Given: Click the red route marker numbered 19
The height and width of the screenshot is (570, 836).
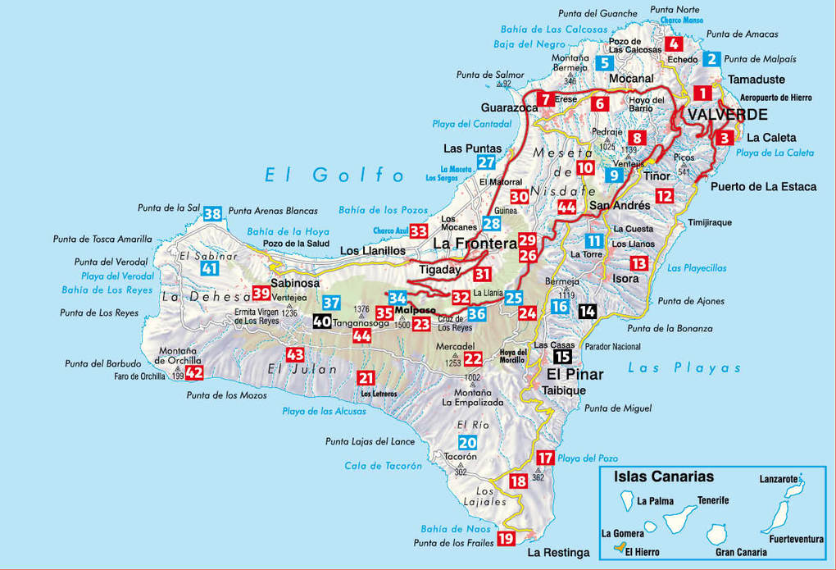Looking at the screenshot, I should [x=506, y=538].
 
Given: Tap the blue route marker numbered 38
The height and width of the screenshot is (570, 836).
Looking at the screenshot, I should [x=212, y=214].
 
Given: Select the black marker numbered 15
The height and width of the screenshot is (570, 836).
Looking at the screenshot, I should [x=562, y=357].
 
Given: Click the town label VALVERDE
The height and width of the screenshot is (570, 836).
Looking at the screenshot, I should [x=728, y=115].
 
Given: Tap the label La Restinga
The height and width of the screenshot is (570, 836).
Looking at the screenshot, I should [x=560, y=553].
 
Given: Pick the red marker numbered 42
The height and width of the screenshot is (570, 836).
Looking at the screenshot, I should [x=194, y=372].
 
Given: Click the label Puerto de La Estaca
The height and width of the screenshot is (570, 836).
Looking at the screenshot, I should [x=763, y=186].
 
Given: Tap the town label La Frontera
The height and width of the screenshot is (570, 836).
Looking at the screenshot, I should [x=475, y=244].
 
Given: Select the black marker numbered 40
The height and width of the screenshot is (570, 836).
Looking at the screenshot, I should [x=322, y=321].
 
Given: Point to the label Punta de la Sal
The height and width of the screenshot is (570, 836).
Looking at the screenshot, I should [x=169, y=208].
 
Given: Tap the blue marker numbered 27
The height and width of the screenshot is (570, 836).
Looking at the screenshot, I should [x=487, y=162].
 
